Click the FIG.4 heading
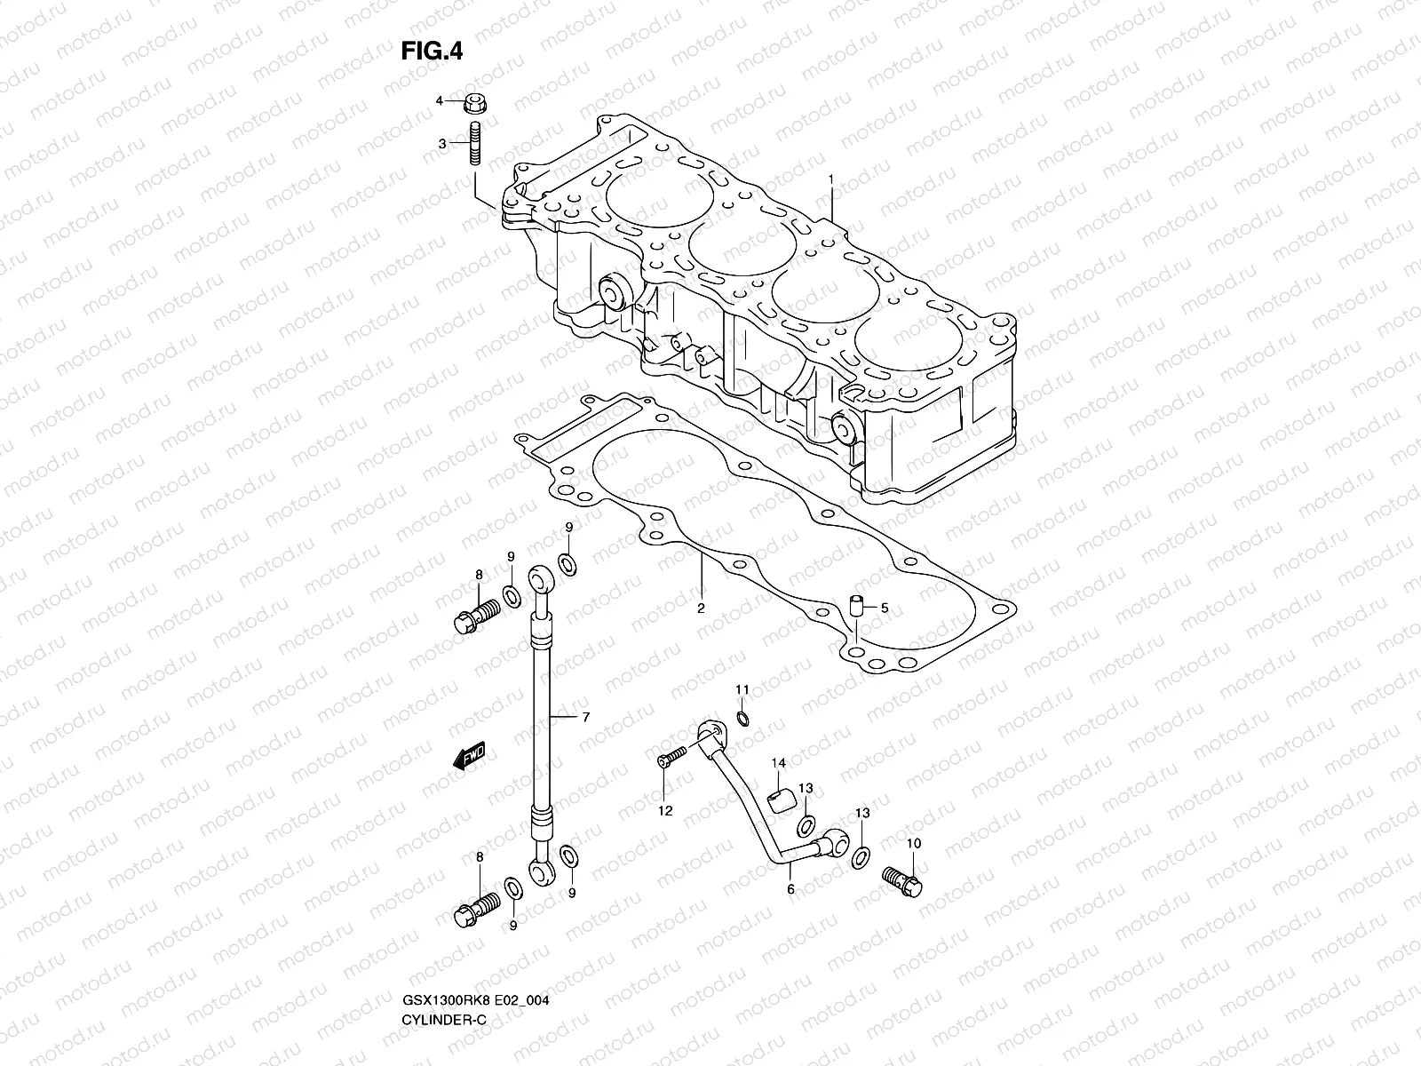pyautogui.click(x=432, y=52)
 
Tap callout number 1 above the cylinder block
pyautogui.click(x=831, y=179)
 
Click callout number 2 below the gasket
pyautogui.click(x=701, y=609)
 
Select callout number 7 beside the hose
pyautogui.click(x=584, y=716)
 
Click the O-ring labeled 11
pyautogui.click(x=743, y=718)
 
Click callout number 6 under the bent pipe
pyautogui.click(x=790, y=888)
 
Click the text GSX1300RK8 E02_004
pyautogui.click(x=474, y=1025)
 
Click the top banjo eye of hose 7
pyautogui.click(x=541, y=581)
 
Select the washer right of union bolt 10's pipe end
pyautogui.click(x=861, y=857)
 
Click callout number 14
pyautogui.click(x=779, y=763)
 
